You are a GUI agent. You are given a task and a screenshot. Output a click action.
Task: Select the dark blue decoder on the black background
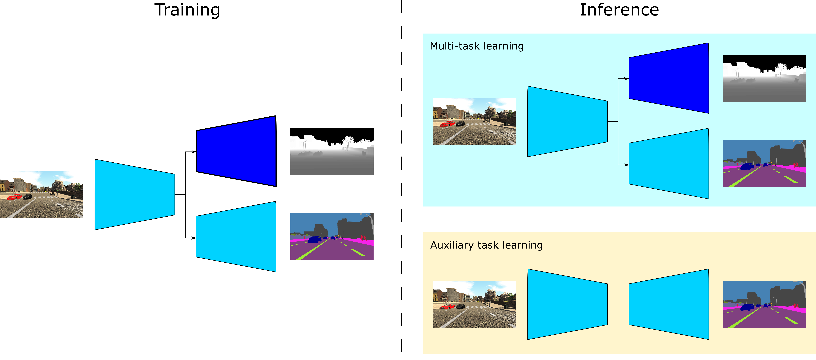[x=236, y=151]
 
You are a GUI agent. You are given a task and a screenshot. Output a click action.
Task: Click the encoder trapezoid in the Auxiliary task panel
[x=567, y=304]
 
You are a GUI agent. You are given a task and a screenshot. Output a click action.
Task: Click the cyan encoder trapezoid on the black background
[x=135, y=194]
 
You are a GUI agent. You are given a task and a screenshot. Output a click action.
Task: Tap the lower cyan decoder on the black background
[x=236, y=237]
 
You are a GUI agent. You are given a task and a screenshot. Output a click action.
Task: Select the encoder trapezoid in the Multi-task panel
[x=567, y=121]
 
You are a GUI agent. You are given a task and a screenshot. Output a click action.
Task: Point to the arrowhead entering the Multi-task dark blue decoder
[x=627, y=79]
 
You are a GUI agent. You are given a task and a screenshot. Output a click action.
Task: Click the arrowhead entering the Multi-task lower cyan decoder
[x=627, y=165]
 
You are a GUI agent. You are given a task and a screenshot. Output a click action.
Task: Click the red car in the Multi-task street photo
[x=448, y=124]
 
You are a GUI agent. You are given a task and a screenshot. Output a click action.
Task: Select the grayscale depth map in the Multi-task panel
[x=764, y=78]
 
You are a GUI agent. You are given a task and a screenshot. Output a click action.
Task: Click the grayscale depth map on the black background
[x=332, y=155]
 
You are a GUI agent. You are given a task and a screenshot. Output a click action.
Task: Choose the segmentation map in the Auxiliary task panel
[x=764, y=304]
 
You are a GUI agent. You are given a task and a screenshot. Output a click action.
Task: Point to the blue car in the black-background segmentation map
[x=315, y=240]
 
